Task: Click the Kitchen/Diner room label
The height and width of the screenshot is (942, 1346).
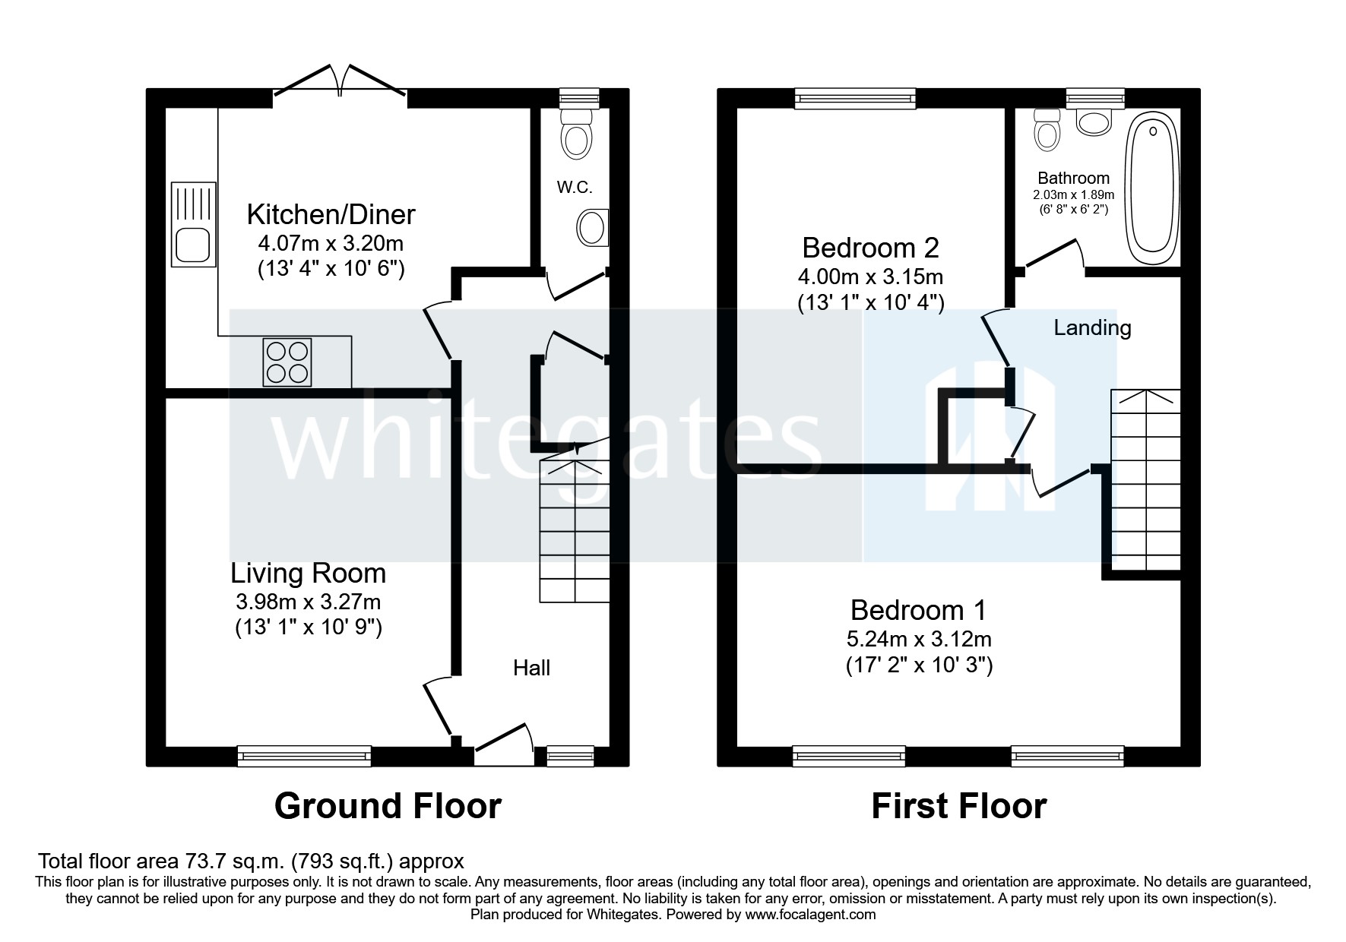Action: pos(331,215)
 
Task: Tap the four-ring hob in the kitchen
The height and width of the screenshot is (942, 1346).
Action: pos(287,362)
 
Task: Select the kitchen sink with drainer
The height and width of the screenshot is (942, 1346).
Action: pos(193,224)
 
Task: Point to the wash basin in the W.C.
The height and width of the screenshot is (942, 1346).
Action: pos(593,227)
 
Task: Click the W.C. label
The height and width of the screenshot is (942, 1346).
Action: pos(574,187)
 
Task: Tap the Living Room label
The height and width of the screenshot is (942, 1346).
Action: pos(309,573)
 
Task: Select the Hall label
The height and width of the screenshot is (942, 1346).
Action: pos(531,669)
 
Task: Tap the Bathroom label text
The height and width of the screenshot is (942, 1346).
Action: pos(1073,179)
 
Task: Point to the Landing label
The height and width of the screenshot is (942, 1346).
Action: pos(1092,328)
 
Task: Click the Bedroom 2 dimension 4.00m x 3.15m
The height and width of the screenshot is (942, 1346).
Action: pos(871,277)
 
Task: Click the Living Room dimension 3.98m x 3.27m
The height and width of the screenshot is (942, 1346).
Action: pos(309,602)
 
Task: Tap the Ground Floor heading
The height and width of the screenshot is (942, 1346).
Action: pos(388,806)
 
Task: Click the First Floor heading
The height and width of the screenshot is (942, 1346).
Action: pos(958,806)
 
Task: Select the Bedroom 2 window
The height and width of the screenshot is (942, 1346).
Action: pos(856,98)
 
